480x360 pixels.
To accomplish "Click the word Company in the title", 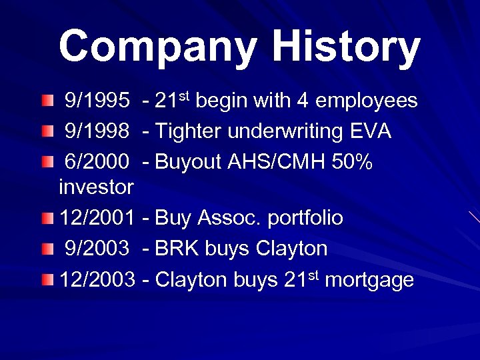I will coord(158,47).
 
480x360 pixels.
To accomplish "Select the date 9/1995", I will coord(97,101).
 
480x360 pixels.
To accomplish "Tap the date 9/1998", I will coord(97,131).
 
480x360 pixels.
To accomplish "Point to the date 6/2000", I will coord(97,161).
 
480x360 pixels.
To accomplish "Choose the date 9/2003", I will coord(97,249).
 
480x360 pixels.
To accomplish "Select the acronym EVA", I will coord(370,131).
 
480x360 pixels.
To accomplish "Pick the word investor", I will coord(96,187).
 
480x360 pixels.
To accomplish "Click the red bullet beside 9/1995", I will coord(45,101).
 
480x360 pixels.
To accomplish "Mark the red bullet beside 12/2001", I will coord(45,218).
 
